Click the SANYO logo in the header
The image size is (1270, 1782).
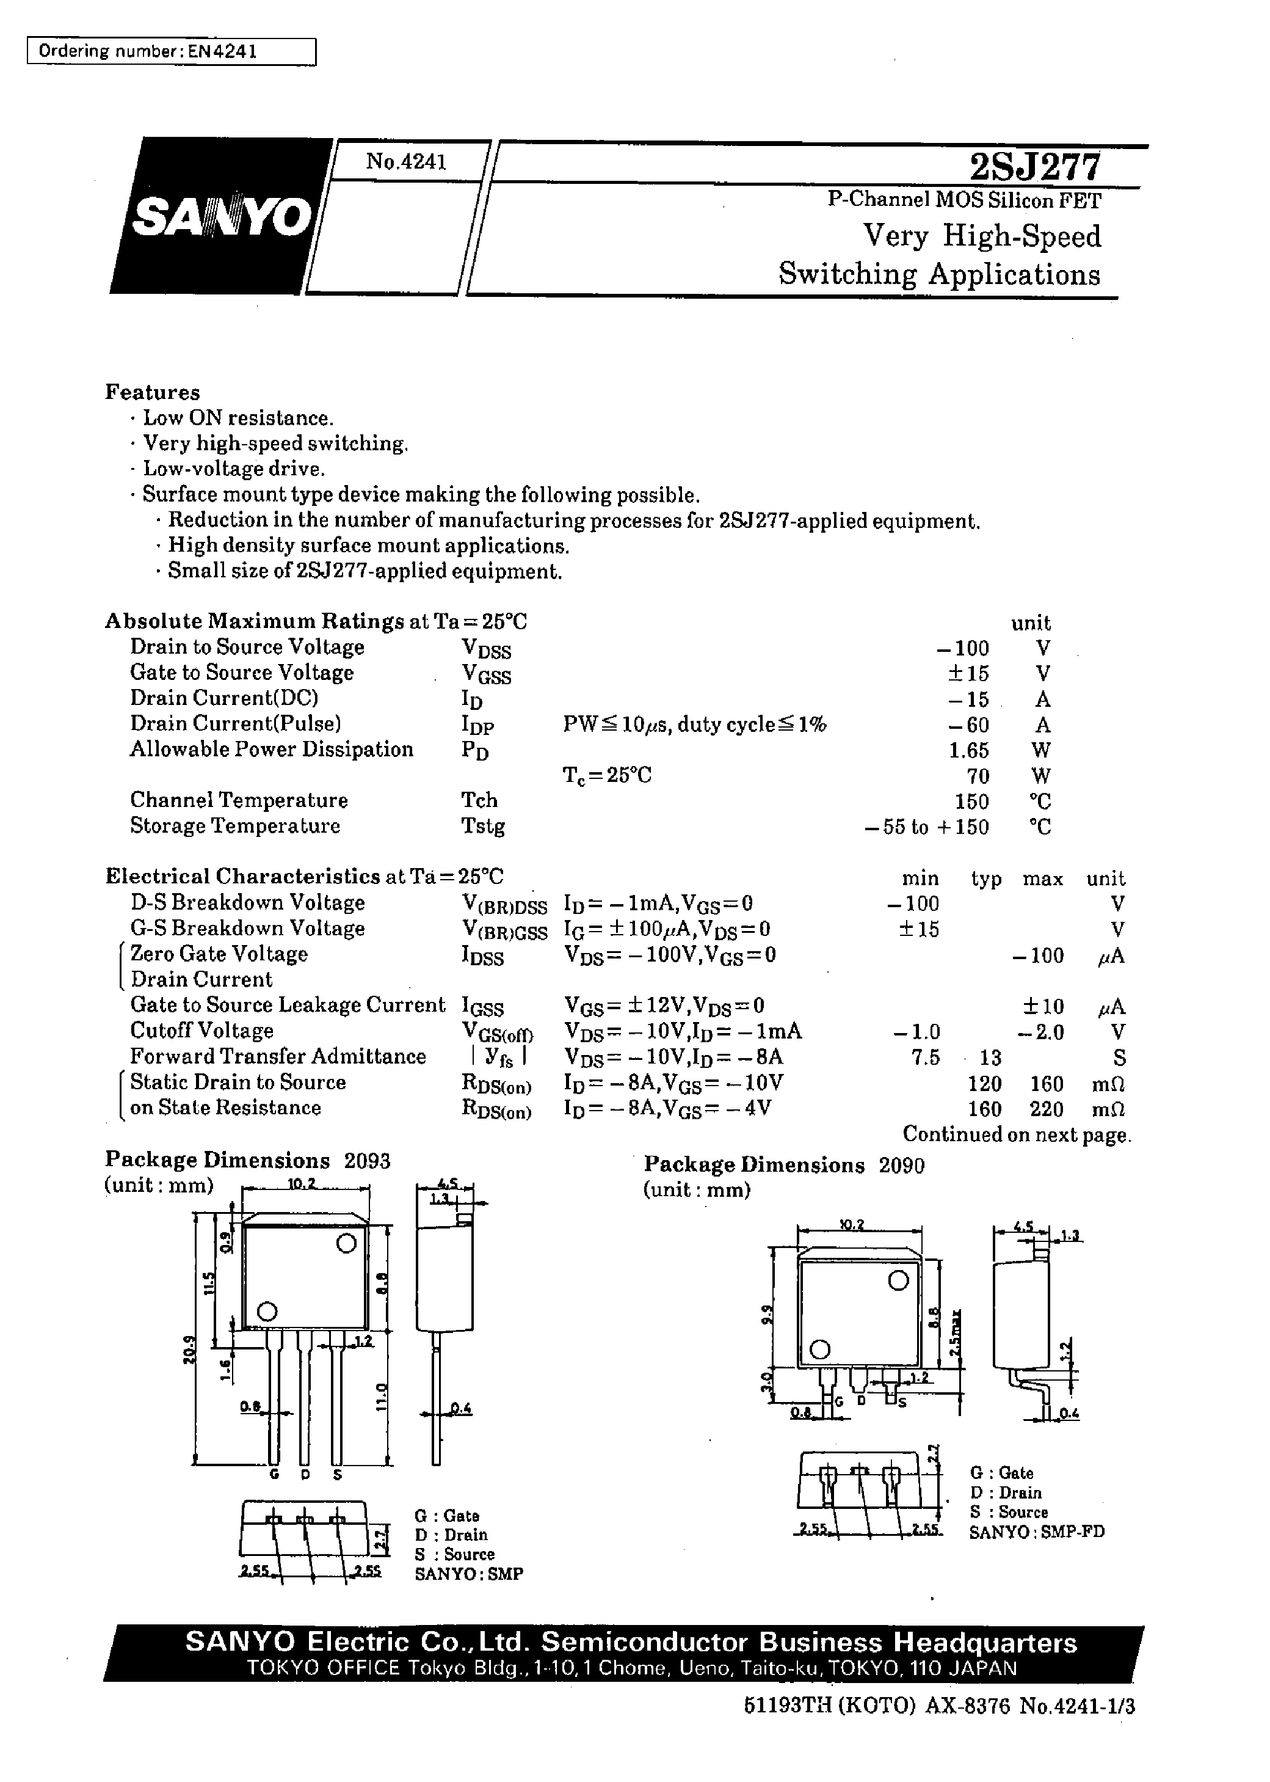(221, 216)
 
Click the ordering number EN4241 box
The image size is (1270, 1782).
(171, 52)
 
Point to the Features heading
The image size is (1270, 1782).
(153, 392)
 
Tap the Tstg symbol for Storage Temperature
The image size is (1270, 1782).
(482, 826)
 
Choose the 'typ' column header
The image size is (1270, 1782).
(986, 878)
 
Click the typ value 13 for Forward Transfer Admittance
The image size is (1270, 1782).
(989, 1057)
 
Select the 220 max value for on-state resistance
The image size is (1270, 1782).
(1047, 1109)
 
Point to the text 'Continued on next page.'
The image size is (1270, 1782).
(1017, 1134)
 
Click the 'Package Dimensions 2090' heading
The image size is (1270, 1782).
(783, 1165)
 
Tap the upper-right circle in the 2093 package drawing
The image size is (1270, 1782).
(346, 1244)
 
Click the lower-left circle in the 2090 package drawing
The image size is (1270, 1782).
(819, 1349)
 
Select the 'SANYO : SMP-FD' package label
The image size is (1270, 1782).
(1036, 1532)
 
